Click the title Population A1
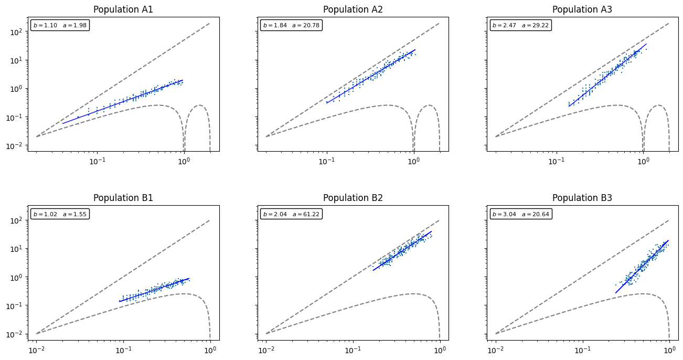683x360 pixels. [x=123, y=9]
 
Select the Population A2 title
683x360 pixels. [x=353, y=9]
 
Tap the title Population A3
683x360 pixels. [x=582, y=9]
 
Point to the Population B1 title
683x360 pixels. [x=123, y=198]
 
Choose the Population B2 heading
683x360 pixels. [x=353, y=198]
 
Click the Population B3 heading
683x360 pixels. [x=582, y=198]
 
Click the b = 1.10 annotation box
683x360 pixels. [x=60, y=25]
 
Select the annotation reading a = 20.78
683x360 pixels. [x=290, y=25]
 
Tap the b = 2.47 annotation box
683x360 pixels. [x=519, y=25]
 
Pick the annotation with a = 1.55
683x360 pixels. [x=60, y=214]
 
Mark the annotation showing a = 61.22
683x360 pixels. [x=290, y=214]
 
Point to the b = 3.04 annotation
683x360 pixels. [x=519, y=214]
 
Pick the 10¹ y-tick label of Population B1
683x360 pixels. [x=18, y=248]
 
